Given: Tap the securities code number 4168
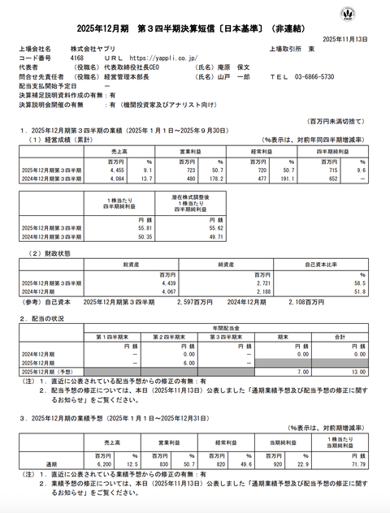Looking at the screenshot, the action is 77,58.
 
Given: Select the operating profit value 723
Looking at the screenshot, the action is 184,170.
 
